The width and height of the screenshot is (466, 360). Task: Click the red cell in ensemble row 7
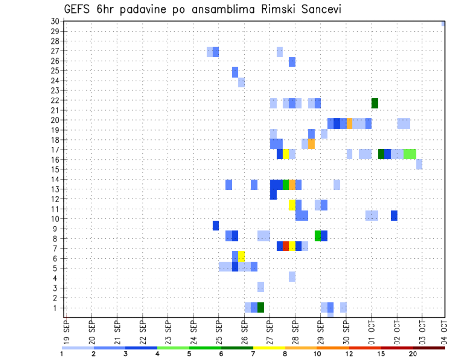point(286,246)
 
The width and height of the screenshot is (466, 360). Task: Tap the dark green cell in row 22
point(375,103)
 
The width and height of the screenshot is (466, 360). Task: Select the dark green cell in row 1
point(261,308)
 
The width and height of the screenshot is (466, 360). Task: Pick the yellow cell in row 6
point(241,256)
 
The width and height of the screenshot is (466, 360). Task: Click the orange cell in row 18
point(311,144)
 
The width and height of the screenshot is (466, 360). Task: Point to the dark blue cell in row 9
point(216,226)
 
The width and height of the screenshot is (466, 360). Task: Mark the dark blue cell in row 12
point(273,194)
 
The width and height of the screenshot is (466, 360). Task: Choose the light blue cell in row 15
point(419,164)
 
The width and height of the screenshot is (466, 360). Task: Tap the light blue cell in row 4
point(292,277)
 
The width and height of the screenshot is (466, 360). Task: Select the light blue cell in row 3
point(261,287)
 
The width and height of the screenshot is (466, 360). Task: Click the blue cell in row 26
point(292,62)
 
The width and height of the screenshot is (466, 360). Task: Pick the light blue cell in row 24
point(241,82)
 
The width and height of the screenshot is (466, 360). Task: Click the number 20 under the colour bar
point(413,354)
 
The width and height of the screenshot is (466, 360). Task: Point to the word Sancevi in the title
point(320,9)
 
